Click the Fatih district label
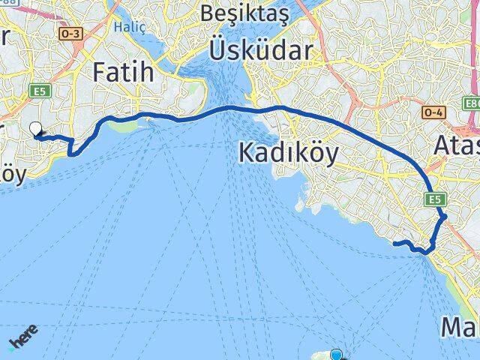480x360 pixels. point(123,73)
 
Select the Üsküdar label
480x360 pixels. point(260,51)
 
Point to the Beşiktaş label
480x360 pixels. point(238,13)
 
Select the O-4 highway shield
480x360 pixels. point(433,112)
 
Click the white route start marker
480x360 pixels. point(35,129)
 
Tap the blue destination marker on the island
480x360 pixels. point(336,355)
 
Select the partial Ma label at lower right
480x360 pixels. point(460,328)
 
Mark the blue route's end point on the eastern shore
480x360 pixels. point(394,243)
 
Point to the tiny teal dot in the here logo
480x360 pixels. point(10,349)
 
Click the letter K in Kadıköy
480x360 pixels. point(247,153)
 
